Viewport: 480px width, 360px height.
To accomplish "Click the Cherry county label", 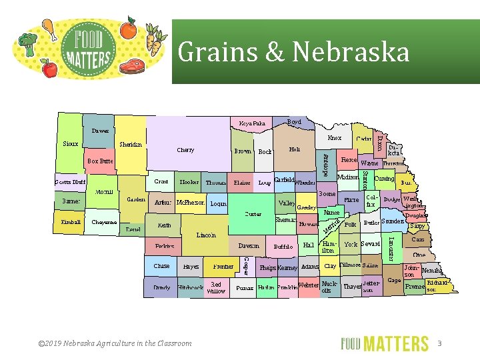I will (185, 150).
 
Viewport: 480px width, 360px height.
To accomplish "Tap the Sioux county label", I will (70, 143).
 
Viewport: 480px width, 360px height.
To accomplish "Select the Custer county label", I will (253, 214).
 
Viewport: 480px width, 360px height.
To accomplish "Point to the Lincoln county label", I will (206, 235).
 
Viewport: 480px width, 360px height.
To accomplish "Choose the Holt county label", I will (294, 149).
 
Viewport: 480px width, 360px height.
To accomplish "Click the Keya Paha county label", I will (252, 123).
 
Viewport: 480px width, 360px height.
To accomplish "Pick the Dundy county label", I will (162, 287).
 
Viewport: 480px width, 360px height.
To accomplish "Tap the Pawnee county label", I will (415, 287).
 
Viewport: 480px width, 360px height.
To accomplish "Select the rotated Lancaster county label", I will (391, 248).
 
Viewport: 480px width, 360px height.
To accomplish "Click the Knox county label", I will (334, 138).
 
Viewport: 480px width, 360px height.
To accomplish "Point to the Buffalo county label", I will (283, 247).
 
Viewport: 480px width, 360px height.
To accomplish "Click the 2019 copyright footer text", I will (115, 343).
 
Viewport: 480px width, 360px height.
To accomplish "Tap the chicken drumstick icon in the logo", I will (48, 27).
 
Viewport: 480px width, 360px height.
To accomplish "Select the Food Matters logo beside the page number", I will (385, 343).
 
